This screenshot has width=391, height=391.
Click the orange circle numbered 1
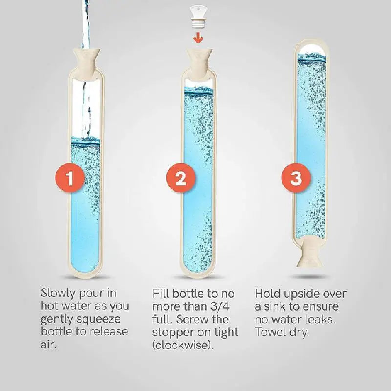70,178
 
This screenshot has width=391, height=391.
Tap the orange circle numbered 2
181,178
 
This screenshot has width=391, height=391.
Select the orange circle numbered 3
296,178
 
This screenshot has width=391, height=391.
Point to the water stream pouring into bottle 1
86,20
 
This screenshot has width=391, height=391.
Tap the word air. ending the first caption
49,345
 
